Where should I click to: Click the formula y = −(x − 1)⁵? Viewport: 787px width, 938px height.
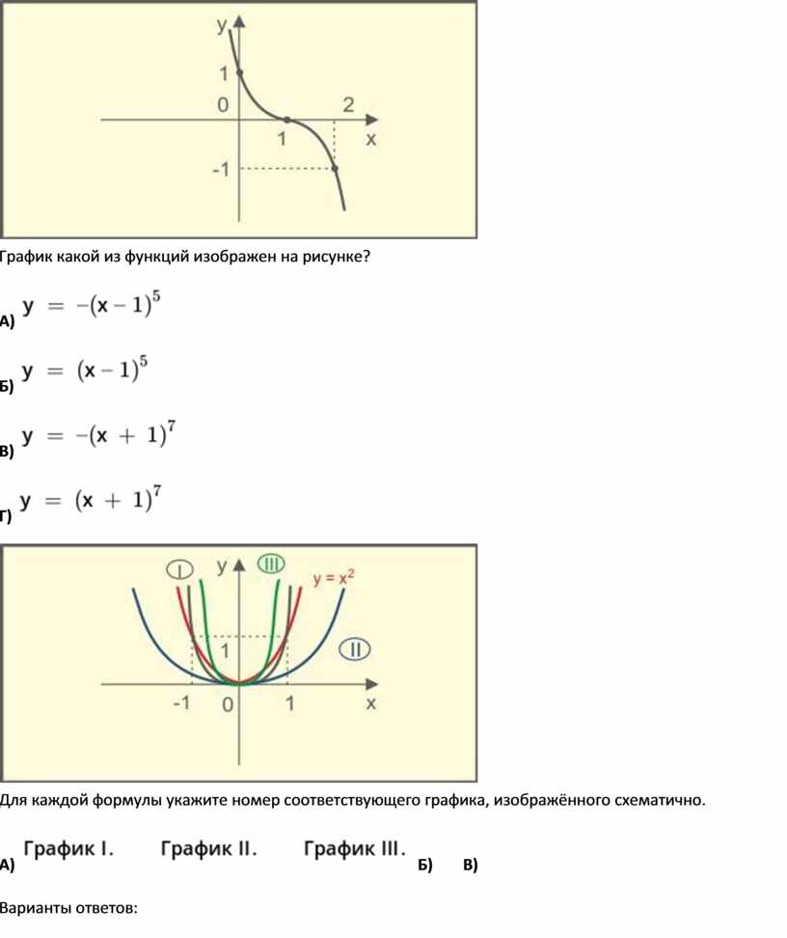point(91,305)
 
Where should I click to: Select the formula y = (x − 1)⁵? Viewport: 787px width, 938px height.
point(84,370)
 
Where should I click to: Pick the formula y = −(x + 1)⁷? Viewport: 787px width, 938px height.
point(98,434)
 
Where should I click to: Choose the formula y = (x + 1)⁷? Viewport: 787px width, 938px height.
point(91,499)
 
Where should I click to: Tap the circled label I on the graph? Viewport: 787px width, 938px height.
point(180,569)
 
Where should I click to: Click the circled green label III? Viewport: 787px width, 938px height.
point(272,565)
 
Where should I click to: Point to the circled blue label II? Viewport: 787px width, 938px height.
point(355,649)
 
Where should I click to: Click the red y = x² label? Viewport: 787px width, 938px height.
point(333,578)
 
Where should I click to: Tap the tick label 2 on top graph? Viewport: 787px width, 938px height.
point(348,105)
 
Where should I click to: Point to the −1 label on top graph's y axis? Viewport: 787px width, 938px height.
point(221,170)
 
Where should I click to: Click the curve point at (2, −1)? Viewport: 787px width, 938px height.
point(335,169)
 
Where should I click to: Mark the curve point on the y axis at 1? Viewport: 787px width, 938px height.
point(239,73)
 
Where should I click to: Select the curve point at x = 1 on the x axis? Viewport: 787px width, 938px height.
point(287,120)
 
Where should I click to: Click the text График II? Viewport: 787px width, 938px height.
point(208,848)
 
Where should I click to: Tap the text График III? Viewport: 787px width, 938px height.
point(355,848)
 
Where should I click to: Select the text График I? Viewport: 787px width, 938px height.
point(68,848)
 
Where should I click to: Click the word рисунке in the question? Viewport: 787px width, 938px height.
point(336,257)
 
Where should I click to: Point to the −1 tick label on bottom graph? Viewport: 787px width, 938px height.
point(181,703)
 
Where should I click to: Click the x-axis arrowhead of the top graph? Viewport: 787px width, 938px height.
point(371,120)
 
